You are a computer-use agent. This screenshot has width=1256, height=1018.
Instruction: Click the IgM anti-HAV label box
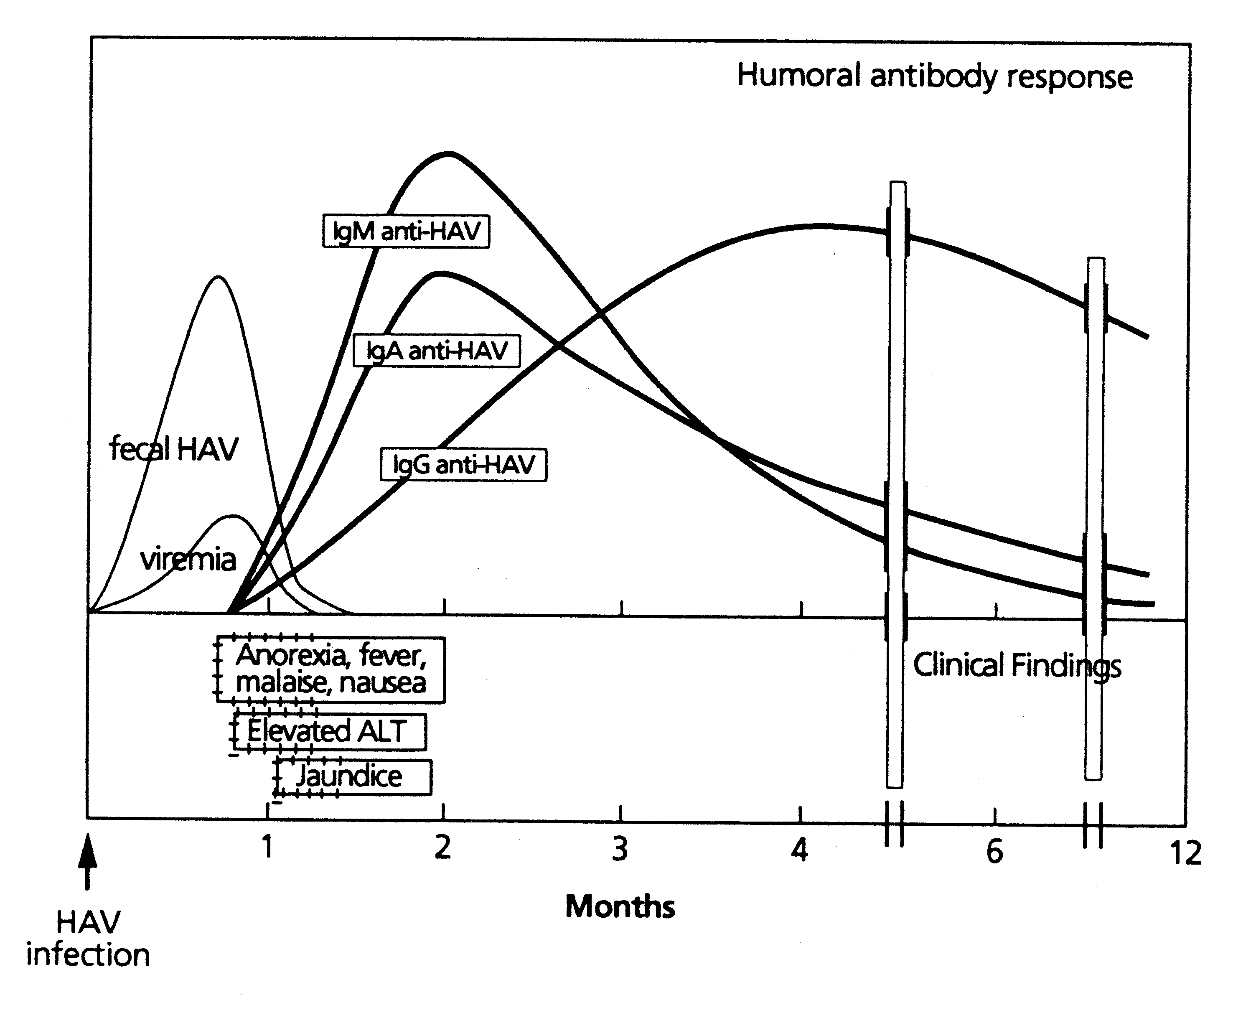coord(406,231)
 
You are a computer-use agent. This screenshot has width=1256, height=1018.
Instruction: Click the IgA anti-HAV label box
coord(436,351)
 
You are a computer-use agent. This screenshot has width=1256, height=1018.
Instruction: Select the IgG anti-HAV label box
coord(463,465)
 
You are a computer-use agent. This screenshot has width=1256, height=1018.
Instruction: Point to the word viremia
coord(188,560)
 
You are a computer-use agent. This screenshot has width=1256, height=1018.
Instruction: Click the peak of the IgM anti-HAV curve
coord(449,154)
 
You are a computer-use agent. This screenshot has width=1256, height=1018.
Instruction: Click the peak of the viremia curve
coord(233,516)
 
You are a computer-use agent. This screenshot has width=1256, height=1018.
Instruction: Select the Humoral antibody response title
coord(934,76)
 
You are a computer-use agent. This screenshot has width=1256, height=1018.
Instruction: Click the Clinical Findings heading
coord(1017,666)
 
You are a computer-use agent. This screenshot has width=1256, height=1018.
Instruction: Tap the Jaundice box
coord(353,777)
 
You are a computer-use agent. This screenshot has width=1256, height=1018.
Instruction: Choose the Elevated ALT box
coord(330,731)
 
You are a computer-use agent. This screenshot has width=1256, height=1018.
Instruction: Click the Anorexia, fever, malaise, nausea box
coord(331,669)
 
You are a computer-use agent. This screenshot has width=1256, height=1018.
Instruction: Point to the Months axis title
coord(620,906)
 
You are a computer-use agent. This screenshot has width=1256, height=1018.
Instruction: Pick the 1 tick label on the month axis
coord(267,847)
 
